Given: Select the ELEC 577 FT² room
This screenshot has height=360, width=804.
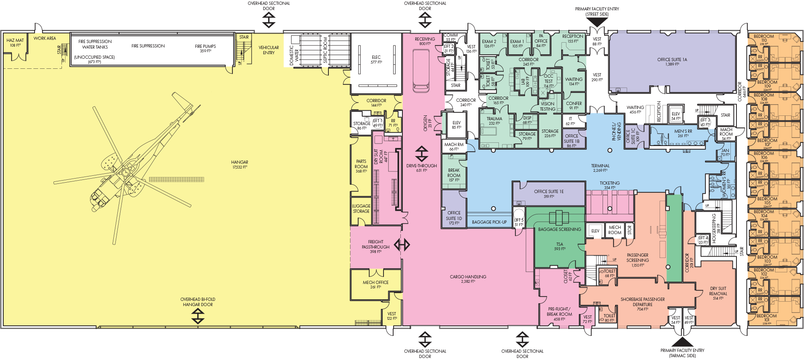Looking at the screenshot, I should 376,60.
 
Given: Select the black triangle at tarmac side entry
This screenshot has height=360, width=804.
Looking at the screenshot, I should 682,342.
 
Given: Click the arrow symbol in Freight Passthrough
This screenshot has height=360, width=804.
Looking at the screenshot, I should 402,245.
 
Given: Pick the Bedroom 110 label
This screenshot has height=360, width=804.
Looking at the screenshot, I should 763,38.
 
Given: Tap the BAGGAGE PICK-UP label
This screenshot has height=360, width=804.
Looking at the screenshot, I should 489,222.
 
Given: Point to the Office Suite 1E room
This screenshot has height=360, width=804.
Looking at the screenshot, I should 549,193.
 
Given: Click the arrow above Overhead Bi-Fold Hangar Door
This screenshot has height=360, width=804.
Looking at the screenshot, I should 198,316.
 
